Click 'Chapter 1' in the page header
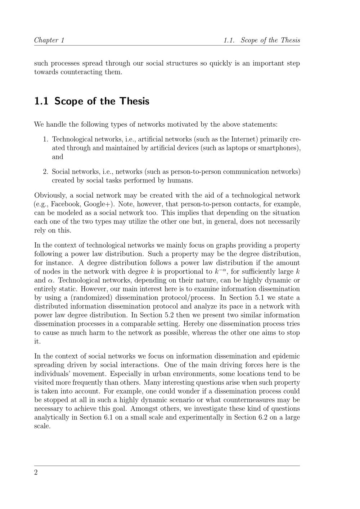coord(49,40)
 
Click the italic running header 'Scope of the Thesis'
coord(270,40)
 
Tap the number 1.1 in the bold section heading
coord(41,101)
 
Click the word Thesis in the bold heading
coord(134,101)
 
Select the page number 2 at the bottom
coord(36,473)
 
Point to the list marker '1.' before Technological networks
coord(46,139)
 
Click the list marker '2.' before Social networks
coord(46,172)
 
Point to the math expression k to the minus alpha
coord(221,271)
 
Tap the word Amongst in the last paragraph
coord(144,409)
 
